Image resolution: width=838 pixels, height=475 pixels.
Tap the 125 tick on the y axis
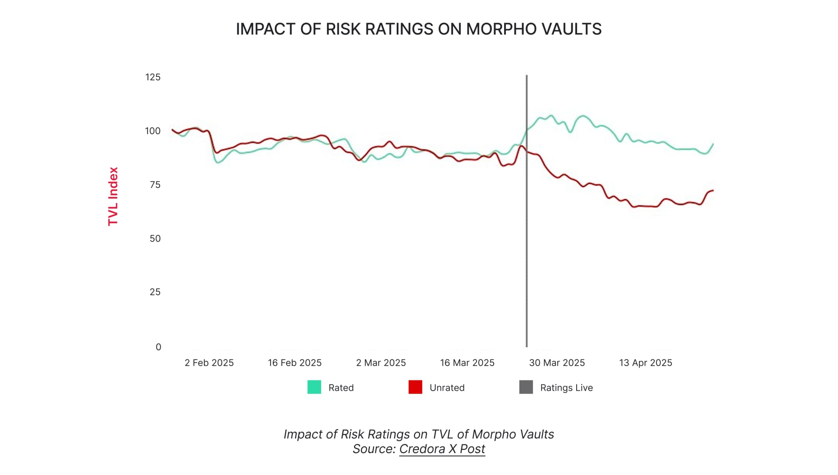[153, 77]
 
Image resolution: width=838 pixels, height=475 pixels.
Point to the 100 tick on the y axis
[153, 131]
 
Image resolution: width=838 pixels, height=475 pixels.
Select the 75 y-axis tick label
[155, 185]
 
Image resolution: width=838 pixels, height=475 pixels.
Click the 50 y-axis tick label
[155, 239]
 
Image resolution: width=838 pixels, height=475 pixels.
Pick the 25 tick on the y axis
[155, 292]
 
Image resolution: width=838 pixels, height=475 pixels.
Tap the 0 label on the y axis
[158, 347]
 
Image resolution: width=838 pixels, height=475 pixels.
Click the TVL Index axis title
[113, 196]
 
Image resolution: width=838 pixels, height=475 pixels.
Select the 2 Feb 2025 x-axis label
[209, 363]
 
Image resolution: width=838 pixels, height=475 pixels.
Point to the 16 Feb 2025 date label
[295, 363]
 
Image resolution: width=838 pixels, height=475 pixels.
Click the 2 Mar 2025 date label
[381, 363]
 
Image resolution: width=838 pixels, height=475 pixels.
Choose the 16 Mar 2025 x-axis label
[467, 363]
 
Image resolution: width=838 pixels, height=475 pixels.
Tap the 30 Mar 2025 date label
[557, 363]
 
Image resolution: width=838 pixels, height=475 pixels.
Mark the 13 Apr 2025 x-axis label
[646, 363]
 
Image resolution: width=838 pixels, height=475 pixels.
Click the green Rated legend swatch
[314, 387]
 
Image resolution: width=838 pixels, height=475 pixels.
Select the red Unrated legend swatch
[415, 387]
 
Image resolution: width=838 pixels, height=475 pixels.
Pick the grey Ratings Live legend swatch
[526, 387]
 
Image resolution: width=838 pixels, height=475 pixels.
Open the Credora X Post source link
[442, 449]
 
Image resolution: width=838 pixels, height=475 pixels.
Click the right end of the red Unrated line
[713, 191]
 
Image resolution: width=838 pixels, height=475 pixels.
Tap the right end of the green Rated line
[713, 144]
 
